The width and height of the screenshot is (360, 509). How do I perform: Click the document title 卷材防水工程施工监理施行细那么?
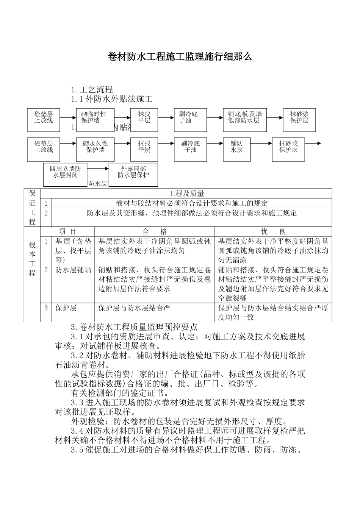click(180, 57)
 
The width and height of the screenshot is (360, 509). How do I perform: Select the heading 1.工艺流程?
click(92, 90)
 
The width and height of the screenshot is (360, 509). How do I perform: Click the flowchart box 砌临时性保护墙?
click(94, 117)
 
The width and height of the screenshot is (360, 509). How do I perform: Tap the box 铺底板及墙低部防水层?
click(244, 117)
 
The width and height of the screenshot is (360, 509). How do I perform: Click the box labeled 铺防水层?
click(236, 147)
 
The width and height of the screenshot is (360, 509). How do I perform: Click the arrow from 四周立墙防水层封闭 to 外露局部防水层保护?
click(98, 169)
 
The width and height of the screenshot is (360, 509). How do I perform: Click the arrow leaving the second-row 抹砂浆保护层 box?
click(313, 144)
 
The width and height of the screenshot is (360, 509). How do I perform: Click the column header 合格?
click(154, 232)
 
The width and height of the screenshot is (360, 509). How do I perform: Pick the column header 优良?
click(273, 232)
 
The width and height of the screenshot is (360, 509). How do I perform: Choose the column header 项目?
click(67, 232)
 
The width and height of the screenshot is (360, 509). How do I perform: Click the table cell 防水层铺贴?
click(73, 270)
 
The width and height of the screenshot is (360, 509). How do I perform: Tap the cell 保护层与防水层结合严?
click(135, 308)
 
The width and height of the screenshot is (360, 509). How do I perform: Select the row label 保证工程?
click(32, 208)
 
